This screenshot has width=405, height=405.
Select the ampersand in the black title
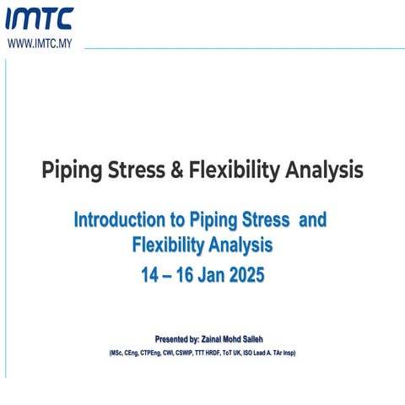(176, 170)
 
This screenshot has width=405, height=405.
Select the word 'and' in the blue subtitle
(313, 220)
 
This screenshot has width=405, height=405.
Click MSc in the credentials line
(117, 352)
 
